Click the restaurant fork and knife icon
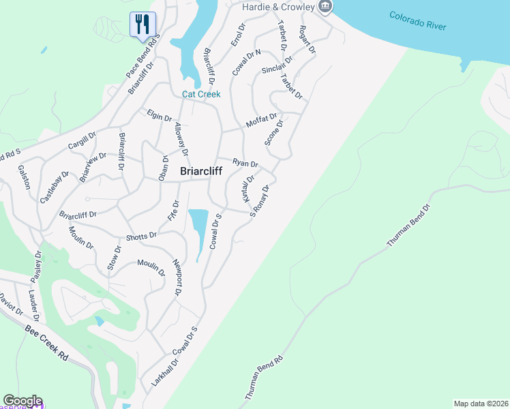[142, 25]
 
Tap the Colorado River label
[418, 20]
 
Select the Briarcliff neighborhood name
[202, 172]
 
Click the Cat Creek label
[201, 94]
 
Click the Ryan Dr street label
[245, 163]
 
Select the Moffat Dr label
[261, 121]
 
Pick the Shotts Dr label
[141, 237]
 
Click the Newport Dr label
[177, 278]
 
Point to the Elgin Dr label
[159, 115]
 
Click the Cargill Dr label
[82, 142]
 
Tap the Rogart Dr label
[307, 40]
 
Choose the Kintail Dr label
[247, 187]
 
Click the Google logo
[22, 401]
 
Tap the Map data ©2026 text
[480, 404]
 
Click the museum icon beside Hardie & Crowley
[325, 7]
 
